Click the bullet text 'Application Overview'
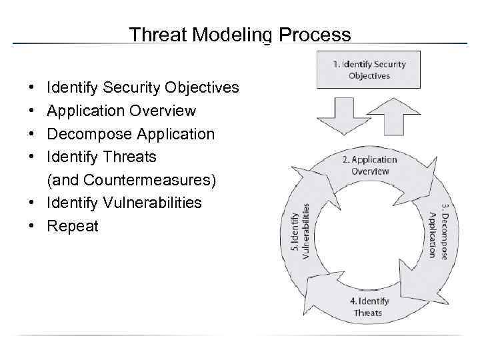pyautogui.click(x=121, y=111)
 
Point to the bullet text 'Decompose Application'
pyautogui.click(x=131, y=134)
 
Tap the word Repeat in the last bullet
pyautogui.click(x=73, y=226)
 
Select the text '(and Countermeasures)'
pyautogui.click(x=131, y=180)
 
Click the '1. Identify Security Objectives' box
pyautogui.click(x=368, y=69)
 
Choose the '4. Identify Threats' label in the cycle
pyautogui.click(x=369, y=307)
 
